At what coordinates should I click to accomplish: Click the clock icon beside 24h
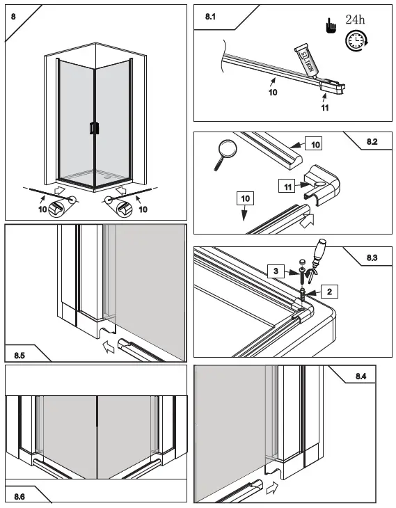[x=356, y=40]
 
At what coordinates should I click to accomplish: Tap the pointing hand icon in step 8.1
[x=331, y=26]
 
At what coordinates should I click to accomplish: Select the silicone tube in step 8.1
[x=306, y=61]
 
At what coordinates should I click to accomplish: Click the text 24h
[x=355, y=19]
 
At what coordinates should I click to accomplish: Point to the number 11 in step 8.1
[x=325, y=108]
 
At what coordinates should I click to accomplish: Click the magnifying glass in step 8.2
[x=225, y=154]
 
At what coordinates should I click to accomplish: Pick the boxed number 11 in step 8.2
[x=287, y=186]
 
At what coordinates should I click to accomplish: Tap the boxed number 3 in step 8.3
[x=276, y=271]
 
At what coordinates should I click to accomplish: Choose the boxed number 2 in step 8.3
[x=330, y=292]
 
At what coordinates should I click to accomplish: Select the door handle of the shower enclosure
[x=93, y=128]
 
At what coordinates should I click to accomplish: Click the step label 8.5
[x=19, y=356]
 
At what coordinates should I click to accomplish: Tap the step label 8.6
[x=19, y=496]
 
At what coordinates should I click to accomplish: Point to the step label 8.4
[x=361, y=376]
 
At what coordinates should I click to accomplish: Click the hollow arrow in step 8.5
[x=109, y=347]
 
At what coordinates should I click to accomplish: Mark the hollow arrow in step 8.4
[x=272, y=488]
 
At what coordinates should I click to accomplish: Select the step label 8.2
[x=372, y=141]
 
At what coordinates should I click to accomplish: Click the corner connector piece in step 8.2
[x=322, y=184]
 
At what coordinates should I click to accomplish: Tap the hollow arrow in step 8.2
[x=306, y=221]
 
